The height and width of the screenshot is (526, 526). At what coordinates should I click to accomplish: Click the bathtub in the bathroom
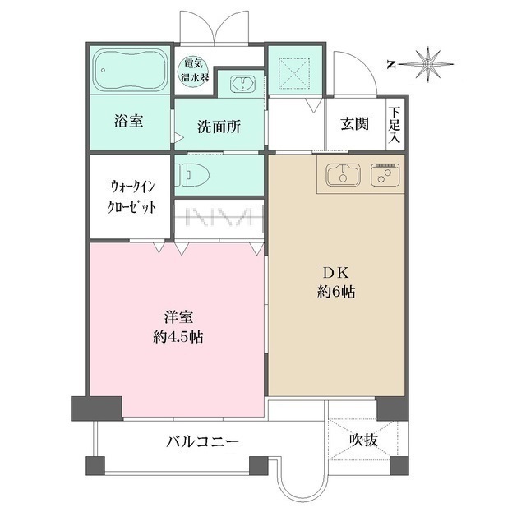point(129,70)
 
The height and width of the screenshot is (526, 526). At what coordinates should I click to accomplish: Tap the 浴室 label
point(128,121)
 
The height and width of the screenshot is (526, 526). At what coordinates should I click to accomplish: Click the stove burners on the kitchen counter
point(384,175)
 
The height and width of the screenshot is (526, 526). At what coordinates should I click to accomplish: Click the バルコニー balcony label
point(202,441)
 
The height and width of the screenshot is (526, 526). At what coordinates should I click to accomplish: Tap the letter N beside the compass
point(392,63)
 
